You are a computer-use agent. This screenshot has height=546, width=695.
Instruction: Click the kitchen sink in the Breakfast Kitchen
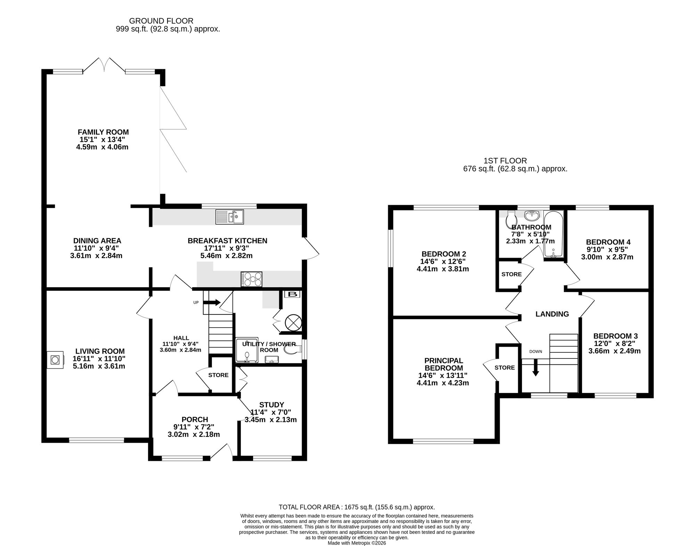tap(229, 217)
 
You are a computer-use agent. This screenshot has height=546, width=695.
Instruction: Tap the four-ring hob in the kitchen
tap(251, 279)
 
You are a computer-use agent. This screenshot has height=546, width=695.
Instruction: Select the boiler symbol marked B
tap(293, 294)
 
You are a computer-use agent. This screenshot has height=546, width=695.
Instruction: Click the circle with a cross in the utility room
tap(293, 322)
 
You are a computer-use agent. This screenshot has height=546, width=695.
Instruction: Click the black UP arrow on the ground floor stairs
tap(211, 302)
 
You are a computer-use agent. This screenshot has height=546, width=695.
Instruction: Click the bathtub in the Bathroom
tap(553, 234)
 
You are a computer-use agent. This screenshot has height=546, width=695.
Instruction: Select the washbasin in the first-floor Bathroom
tap(532, 216)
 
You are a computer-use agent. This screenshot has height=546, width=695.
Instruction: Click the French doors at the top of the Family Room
tap(104, 65)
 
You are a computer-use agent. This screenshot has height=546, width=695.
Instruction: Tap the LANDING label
tap(552, 314)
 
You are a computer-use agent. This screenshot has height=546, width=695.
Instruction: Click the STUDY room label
tap(271, 405)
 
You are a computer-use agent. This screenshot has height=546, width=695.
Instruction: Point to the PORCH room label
tap(195, 420)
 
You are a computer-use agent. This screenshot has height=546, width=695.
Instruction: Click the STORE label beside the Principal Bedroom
tap(505, 368)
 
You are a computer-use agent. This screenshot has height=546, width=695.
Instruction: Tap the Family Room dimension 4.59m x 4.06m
tap(102, 147)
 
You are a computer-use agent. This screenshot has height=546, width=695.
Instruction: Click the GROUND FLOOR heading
tap(161, 21)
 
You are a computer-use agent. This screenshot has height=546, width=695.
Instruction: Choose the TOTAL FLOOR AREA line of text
tap(357, 507)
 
